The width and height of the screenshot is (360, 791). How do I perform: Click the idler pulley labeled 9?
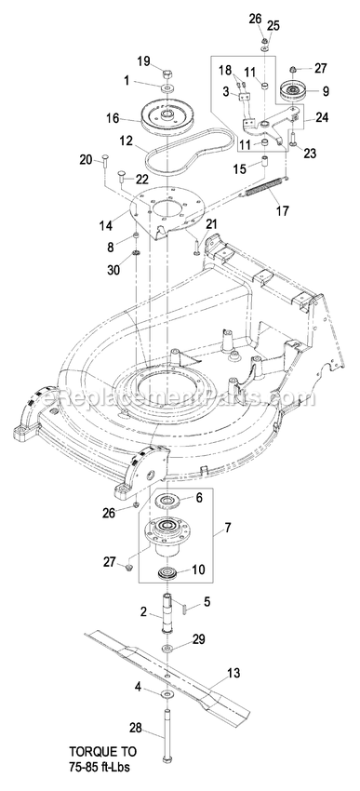pyautogui.click(x=291, y=91)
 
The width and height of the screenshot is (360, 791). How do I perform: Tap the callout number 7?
pyautogui.click(x=228, y=528)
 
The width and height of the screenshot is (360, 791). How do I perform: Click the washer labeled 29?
pyautogui.click(x=167, y=648)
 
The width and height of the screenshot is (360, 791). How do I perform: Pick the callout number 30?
pyautogui.click(x=113, y=270)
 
